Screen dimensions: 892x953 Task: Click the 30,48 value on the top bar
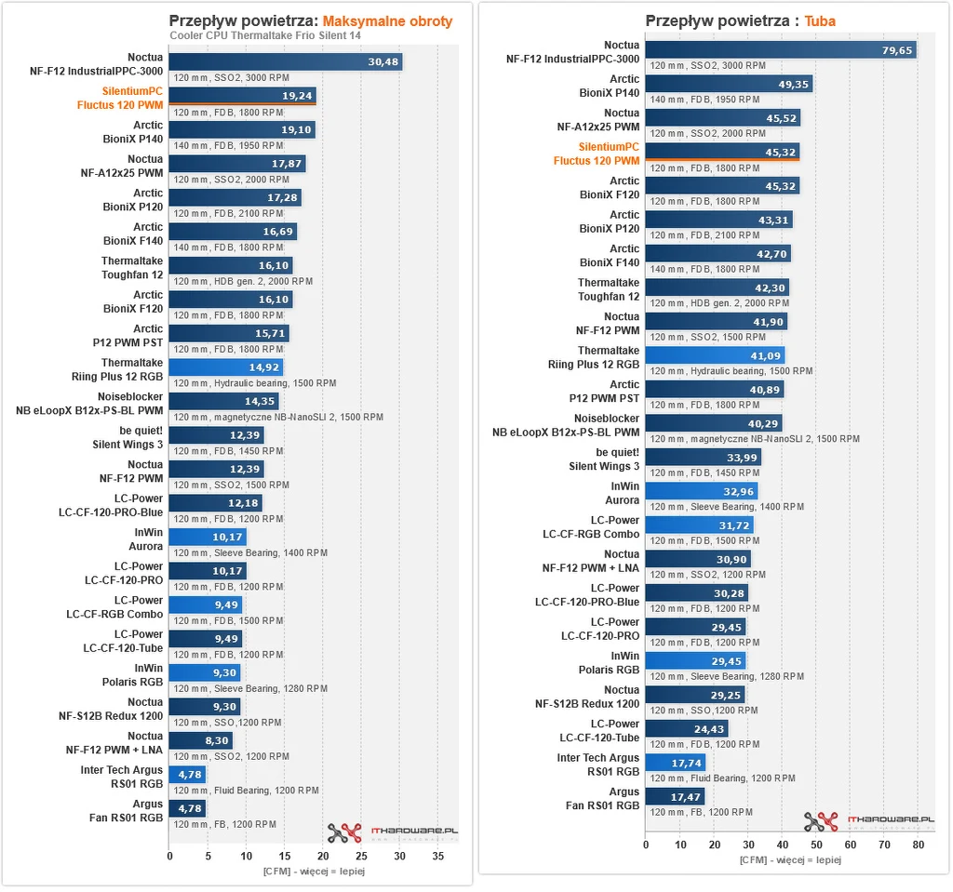coord(383,62)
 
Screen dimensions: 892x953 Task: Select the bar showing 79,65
coord(780,50)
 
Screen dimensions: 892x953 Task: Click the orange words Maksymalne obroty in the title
coord(387,20)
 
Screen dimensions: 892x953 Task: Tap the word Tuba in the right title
coord(819,20)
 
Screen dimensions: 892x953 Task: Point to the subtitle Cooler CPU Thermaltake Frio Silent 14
coord(265,36)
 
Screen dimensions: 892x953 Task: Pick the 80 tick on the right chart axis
coord(917,845)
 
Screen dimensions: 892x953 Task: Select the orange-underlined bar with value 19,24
coord(242,96)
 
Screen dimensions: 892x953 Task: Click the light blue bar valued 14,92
coord(225,367)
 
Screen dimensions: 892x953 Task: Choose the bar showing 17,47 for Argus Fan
coord(675,796)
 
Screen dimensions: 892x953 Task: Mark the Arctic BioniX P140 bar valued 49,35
coord(729,85)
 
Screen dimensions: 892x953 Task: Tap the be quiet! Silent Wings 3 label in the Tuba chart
coord(604,459)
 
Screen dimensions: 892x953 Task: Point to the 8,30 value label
coord(214,740)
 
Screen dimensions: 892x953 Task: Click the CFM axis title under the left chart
coord(313,872)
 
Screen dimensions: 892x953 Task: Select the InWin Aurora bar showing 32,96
coord(701,491)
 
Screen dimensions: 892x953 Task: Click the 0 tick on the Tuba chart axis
coord(646,845)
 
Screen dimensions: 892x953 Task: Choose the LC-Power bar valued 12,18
coord(215,503)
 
